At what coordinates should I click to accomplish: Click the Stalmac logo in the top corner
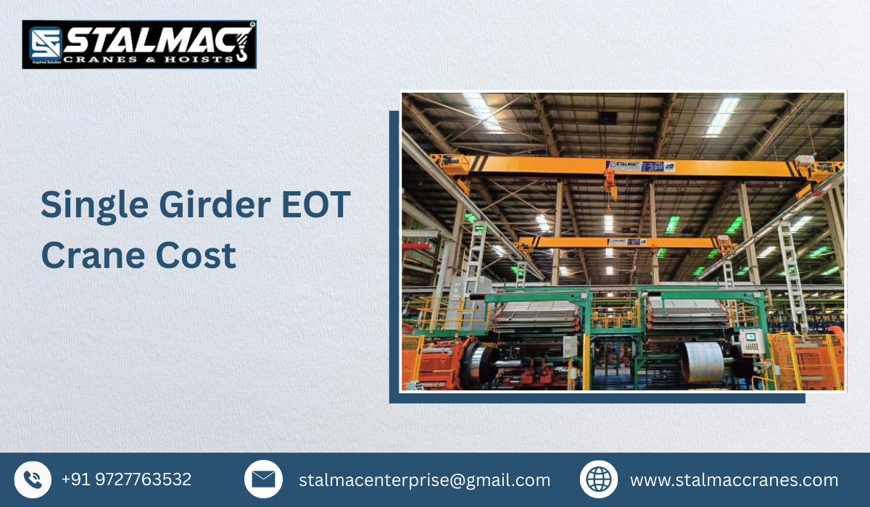[x=139, y=45]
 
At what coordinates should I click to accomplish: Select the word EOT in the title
[x=317, y=205]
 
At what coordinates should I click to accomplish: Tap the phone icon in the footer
[x=33, y=479]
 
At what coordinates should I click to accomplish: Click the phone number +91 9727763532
[x=126, y=479]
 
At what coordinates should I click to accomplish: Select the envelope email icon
[x=263, y=479]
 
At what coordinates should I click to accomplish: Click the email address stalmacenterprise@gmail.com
[x=424, y=479]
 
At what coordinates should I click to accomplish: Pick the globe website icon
[x=599, y=479]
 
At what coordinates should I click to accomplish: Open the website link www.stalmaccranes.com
[x=734, y=479]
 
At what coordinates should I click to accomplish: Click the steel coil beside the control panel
[x=703, y=361]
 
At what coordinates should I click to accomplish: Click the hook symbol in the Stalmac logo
[x=243, y=43]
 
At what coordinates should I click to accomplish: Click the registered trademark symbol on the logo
[x=252, y=25]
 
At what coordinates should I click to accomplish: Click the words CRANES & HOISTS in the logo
[x=149, y=58]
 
